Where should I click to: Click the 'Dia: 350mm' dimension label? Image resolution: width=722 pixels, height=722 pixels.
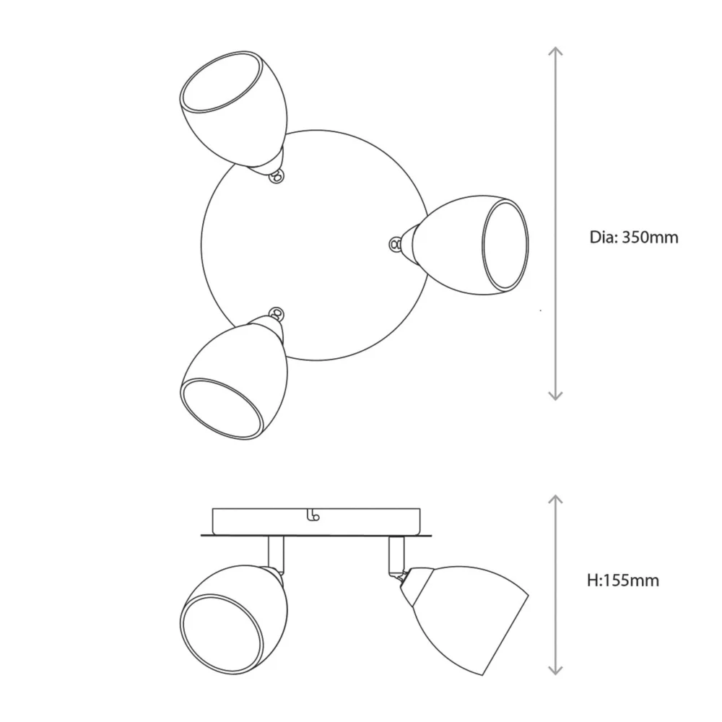[x=634, y=237]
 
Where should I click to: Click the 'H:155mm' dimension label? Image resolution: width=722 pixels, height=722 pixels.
[x=623, y=580]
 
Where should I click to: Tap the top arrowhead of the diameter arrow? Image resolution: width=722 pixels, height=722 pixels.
[x=556, y=51]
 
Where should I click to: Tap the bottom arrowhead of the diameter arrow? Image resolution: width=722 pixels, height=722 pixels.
[x=556, y=396]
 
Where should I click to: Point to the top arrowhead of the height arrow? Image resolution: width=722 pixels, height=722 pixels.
[x=556, y=500]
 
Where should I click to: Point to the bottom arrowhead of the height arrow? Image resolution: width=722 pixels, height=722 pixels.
[x=556, y=670]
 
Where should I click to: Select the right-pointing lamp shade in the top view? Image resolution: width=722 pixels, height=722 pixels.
[x=471, y=245]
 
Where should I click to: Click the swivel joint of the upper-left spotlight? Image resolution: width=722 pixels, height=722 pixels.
[x=277, y=176]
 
